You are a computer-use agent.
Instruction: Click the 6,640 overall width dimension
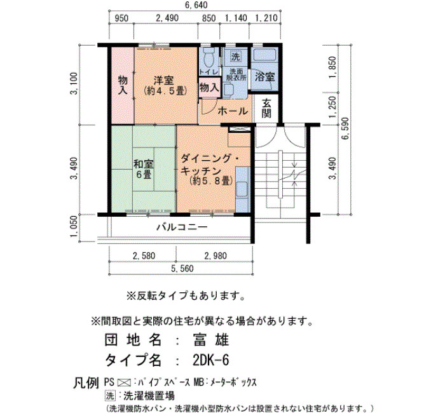coord(196,5)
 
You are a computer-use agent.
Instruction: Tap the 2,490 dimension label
coord(167,18)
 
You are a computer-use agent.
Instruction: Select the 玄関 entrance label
coord(266,108)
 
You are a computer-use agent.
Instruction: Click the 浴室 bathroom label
coord(264,77)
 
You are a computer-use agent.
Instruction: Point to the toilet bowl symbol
coord(209,58)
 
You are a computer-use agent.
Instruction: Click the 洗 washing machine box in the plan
coord(235,56)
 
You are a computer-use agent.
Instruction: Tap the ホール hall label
coord(233,111)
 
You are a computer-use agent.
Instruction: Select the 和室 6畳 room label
coord(144,169)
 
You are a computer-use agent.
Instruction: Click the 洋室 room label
coord(165,85)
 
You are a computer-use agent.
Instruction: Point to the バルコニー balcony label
coord(182,227)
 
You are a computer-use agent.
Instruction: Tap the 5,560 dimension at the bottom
coord(182,268)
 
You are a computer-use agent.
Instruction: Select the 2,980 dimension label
coord(216,256)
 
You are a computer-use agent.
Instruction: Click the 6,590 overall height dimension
coord(346,128)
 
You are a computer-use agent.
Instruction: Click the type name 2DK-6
coord(210,360)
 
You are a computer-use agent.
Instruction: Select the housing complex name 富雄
coord(211,340)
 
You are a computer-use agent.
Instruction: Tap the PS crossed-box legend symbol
coord(124,383)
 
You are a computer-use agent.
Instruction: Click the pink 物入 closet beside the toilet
coord(209,88)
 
